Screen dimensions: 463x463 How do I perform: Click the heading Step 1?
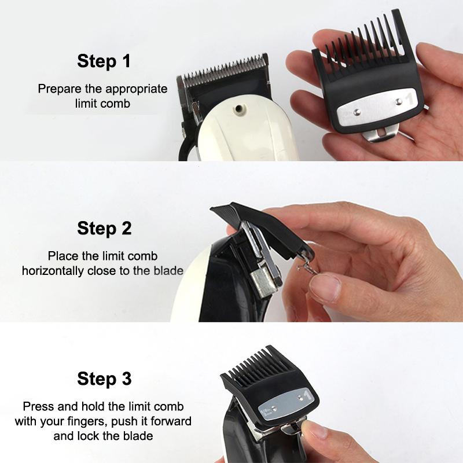coord(104,61)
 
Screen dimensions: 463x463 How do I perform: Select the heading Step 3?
coord(104,380)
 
